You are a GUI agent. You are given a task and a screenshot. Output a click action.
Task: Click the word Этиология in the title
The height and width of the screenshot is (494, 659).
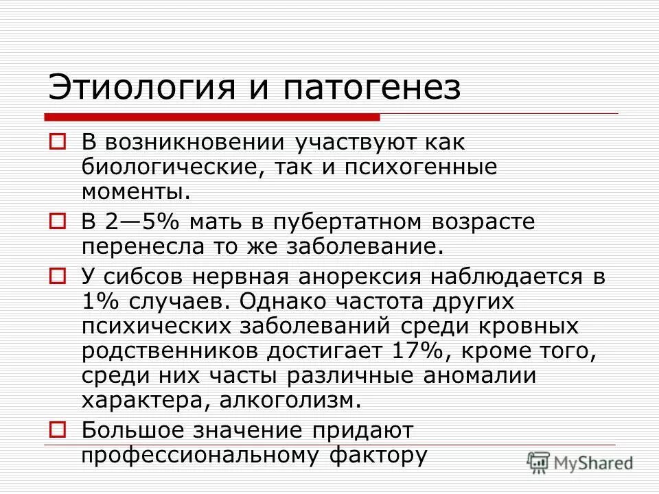pyautogui.click(x=130, y=89)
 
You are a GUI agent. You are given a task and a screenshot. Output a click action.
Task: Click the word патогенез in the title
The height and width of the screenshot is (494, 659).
pyautogui.click(x=368, y=89)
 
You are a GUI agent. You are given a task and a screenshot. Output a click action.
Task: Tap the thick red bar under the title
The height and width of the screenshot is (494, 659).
pyautogui.click(x=213, y=116)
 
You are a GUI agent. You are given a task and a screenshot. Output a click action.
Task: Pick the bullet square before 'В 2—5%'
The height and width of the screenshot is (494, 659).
pyautogui.click(x=58, y=221)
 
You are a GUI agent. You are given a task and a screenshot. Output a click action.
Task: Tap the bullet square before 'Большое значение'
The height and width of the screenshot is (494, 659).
pyautogui.click(x=58, y=430)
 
